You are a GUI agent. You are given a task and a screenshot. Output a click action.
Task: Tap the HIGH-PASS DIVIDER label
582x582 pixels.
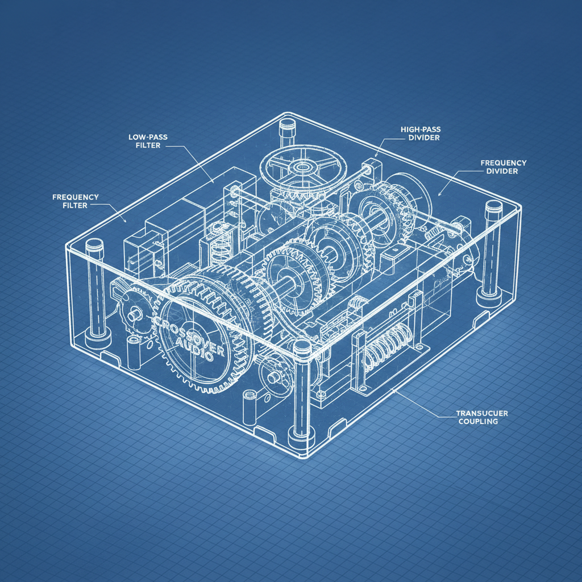point(421,134)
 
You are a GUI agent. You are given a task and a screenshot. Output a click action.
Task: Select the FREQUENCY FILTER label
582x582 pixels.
point(76,201)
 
